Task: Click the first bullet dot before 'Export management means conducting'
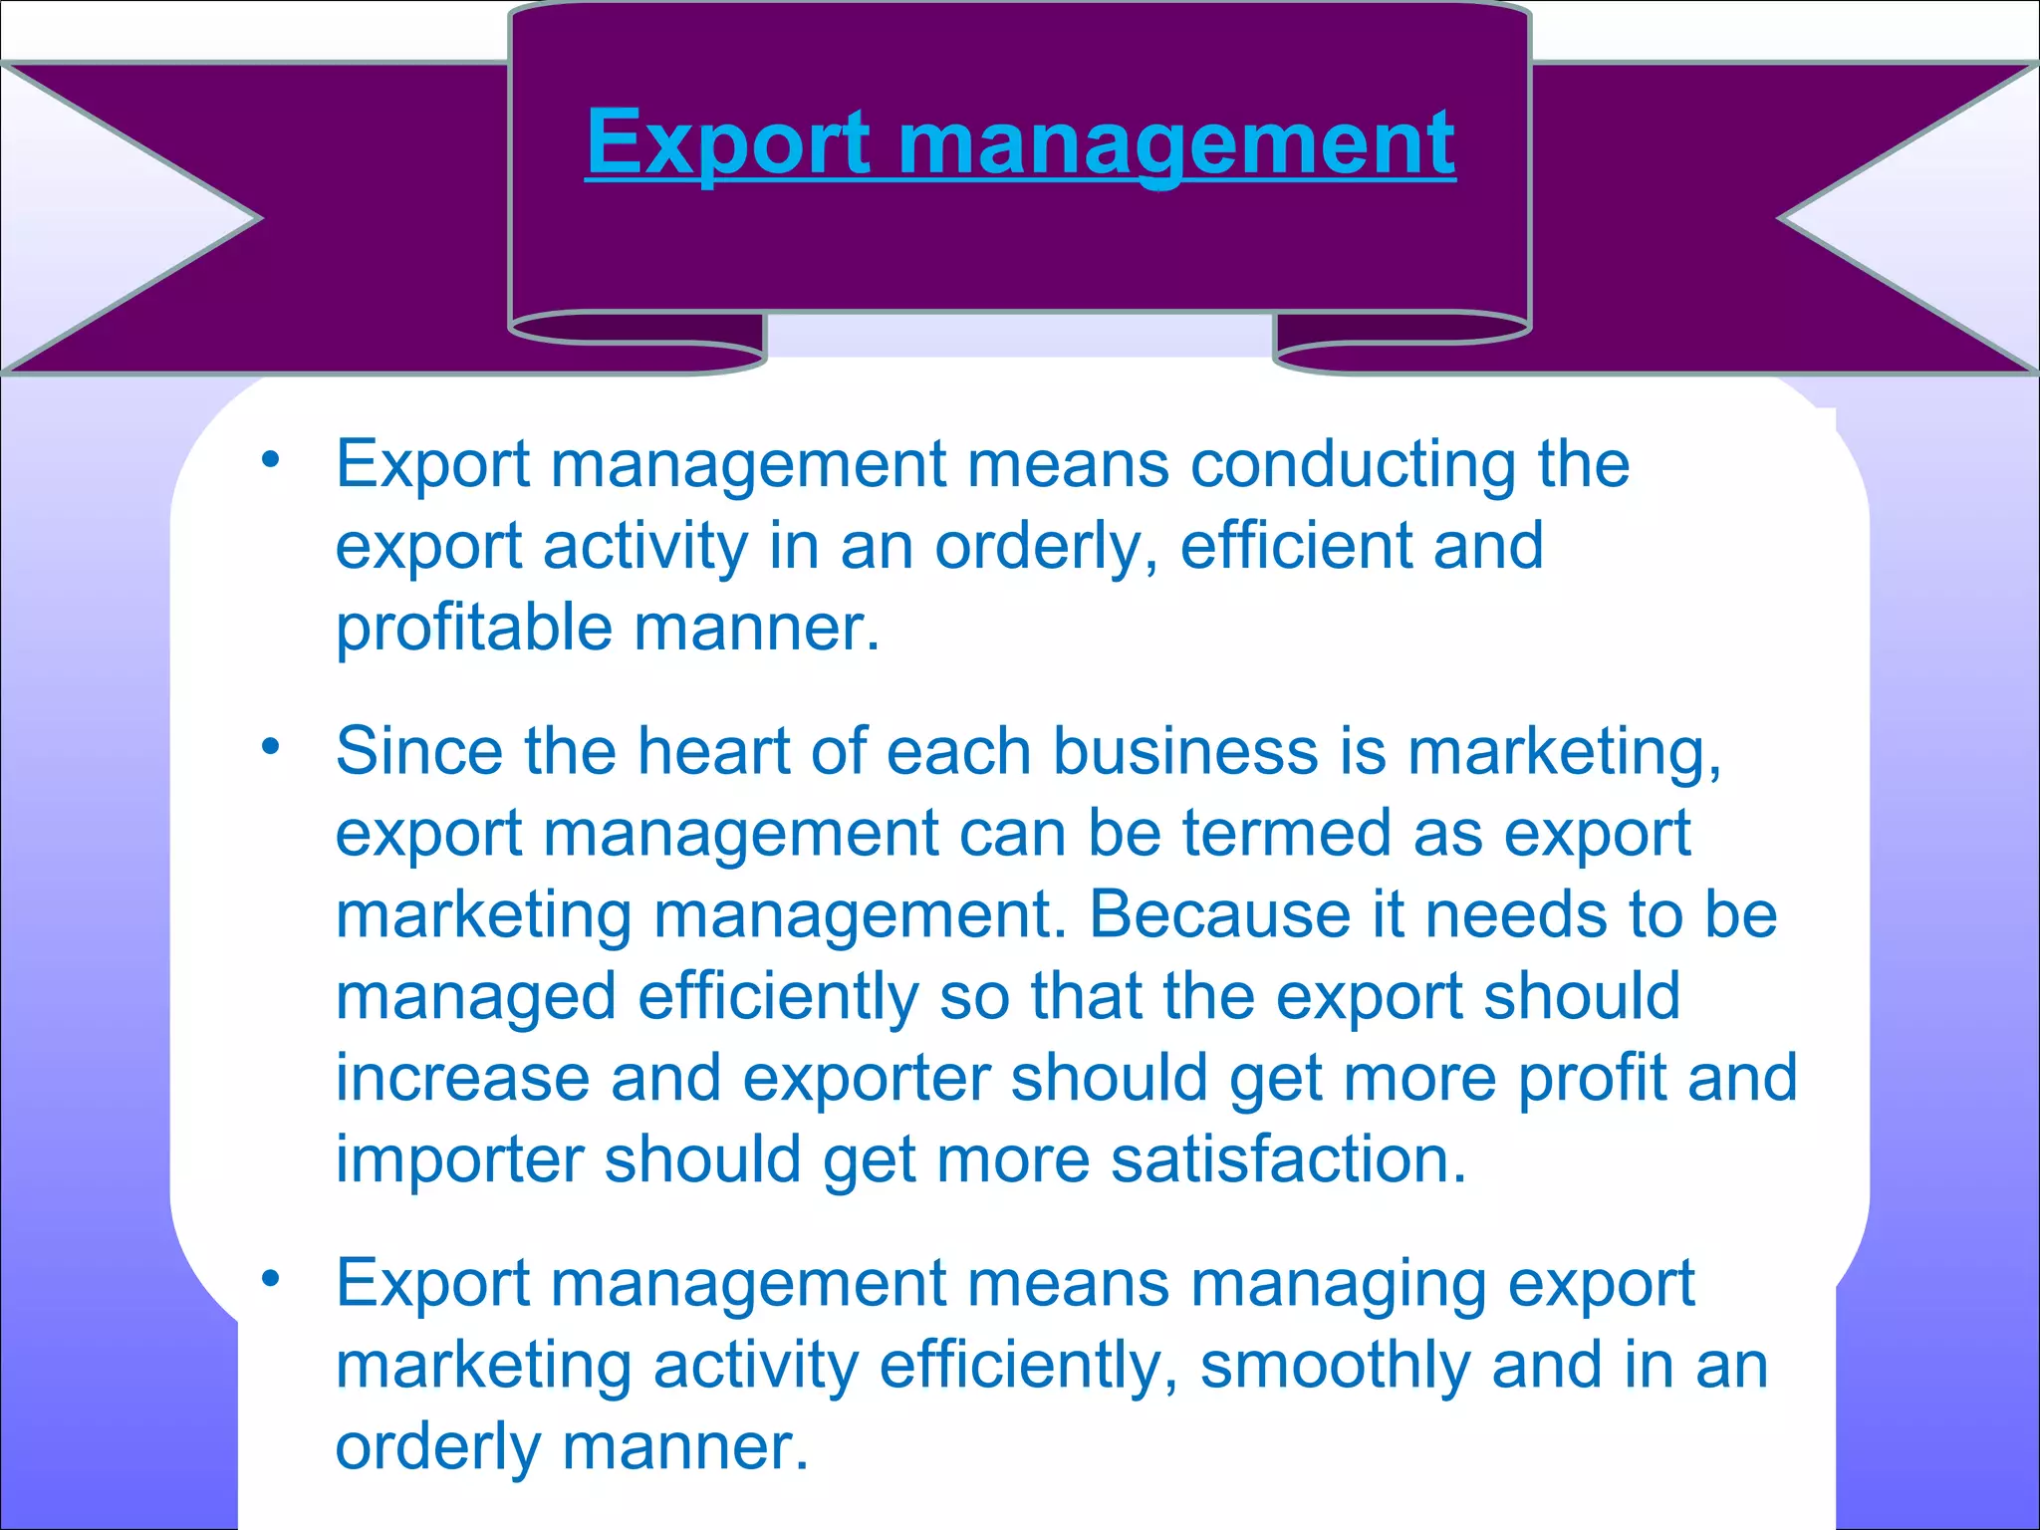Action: point(270,460)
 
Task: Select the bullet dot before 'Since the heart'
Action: point(270,745)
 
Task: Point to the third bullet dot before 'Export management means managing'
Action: point(270,1278)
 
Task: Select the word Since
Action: point(419,750)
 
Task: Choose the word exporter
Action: point(866,1079)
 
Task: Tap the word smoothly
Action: point(1335,1366)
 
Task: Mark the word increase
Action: point(462,1079)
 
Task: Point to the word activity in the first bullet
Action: point(644,547)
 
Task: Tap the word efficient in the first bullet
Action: point(1295,547)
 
